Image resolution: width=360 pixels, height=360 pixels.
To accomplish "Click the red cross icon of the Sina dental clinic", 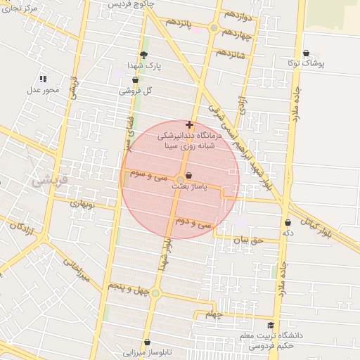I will point(189,124).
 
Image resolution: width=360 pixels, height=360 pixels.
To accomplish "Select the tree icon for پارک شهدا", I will point(144,55).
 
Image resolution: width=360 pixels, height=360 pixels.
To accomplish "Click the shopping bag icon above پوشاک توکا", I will point(306,53).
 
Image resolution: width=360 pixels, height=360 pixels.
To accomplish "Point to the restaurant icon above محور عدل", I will point(43,79).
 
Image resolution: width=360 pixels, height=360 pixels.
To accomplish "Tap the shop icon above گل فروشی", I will point(135,80).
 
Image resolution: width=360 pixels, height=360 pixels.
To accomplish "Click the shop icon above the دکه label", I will point(288,222).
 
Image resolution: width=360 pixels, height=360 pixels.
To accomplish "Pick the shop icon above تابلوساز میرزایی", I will point(147,342).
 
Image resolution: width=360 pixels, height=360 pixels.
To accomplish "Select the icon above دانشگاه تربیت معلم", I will point(272,325).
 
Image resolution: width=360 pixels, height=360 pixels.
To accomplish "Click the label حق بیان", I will point(247,240).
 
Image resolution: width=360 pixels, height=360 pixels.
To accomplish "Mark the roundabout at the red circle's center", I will point(181,179).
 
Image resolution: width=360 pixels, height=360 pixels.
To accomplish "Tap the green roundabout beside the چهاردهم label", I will point(214,28).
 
